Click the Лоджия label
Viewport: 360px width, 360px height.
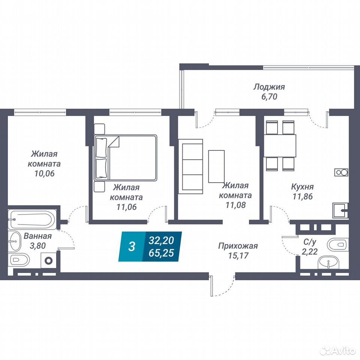coord(269,87)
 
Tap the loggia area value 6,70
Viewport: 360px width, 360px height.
coord(269,97)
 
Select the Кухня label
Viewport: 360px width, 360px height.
coord(302,187)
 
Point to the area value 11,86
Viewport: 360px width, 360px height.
coord(303,196)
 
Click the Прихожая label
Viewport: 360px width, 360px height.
coord(238,246)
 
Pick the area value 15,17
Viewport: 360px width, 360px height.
coord(238,255)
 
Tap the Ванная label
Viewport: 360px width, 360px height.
coord(38,236)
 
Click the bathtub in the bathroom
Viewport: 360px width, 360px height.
coord(31,219)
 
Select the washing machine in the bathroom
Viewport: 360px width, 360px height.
coord(49,260)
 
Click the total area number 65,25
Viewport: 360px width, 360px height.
coord(161,253)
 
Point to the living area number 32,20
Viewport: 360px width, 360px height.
coord(161,241)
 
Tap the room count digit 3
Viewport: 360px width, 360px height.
coord(132,247)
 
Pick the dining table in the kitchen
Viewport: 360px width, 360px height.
coord(280,146)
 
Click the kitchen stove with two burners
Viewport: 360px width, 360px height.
coord(341,172)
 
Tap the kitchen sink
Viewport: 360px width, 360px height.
coord(340,210)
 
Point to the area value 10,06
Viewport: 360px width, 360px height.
coord(45,173)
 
